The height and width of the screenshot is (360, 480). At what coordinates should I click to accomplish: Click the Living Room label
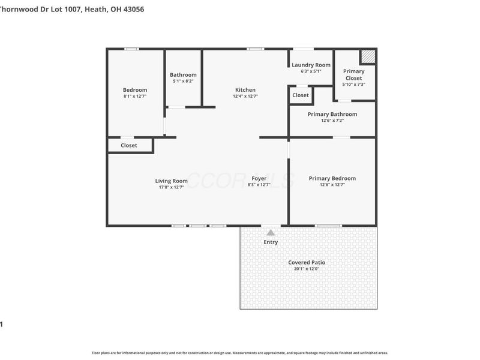172,181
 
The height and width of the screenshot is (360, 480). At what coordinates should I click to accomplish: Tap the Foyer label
259,178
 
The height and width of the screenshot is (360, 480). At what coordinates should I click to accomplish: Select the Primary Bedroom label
332,178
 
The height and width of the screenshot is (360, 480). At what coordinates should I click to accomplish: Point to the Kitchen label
245,90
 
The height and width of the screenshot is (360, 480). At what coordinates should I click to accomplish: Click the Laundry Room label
311,65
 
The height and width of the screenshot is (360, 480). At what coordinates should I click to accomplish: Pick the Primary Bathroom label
332,114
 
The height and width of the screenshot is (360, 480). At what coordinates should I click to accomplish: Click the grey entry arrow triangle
271,232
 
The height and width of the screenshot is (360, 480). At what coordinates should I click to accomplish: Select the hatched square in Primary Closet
368,56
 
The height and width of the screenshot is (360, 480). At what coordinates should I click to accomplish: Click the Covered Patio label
307,262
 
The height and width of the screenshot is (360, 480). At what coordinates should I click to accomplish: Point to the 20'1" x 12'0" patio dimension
307,269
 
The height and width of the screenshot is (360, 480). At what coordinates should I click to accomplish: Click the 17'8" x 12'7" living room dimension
172,187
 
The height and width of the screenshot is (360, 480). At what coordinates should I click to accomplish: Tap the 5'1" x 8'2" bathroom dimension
183,81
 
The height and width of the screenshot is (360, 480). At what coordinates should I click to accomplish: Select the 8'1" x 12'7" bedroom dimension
135,96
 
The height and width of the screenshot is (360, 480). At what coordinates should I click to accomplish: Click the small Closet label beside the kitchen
301,95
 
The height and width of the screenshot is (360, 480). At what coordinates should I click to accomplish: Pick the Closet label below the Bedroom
129,145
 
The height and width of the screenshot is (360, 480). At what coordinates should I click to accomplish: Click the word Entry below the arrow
271,242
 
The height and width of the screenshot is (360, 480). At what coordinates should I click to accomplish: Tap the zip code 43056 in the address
132,9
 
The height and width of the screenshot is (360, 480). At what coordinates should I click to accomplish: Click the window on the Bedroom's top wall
131,49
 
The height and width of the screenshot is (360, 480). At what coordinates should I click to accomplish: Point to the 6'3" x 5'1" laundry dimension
311,71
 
